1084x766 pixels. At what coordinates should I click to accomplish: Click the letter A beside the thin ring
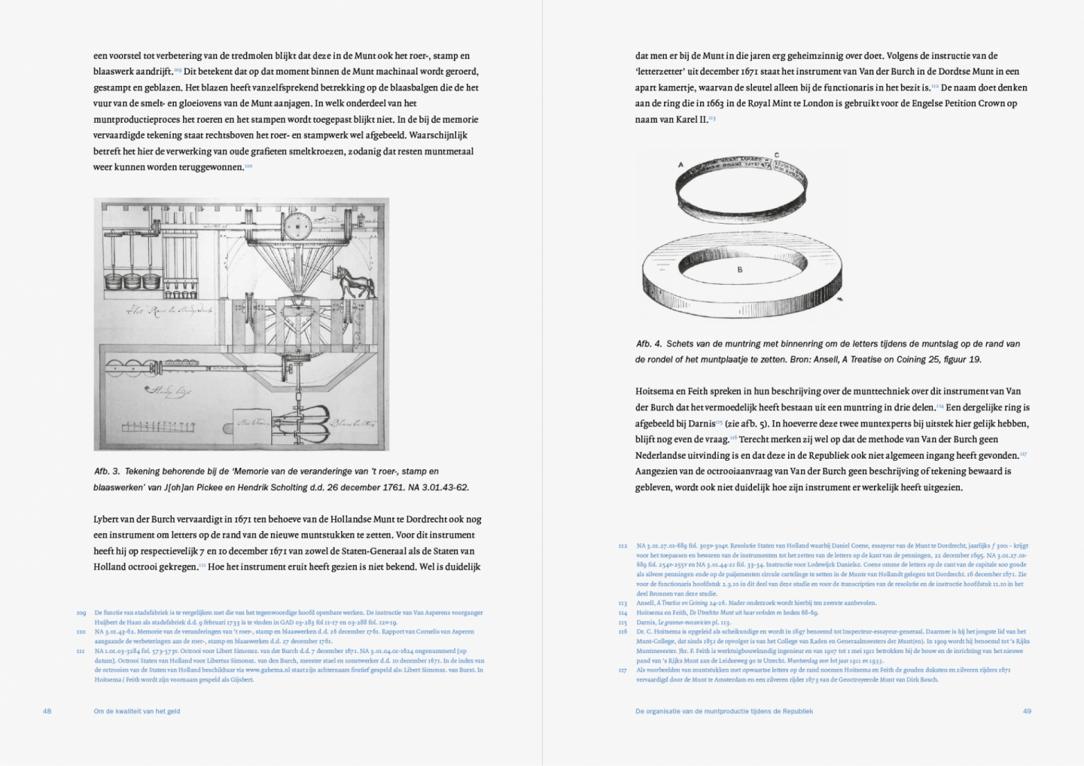click(681, 164)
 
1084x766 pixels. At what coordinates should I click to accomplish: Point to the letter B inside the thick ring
click(740, 270)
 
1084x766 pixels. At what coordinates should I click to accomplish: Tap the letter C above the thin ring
click(776, 155)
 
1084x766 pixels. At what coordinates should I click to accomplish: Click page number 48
click(47, 711)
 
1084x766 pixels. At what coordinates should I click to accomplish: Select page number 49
click(1027, 711)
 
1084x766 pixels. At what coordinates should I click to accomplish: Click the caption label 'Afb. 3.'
click(107, 472)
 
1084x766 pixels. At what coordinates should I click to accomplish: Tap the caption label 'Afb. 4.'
click(649, 343)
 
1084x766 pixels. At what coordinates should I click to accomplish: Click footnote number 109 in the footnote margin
click(81, 613)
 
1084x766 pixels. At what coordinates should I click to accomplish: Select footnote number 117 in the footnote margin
click(623, 670)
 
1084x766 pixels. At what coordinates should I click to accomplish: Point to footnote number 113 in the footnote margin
click(623, 603)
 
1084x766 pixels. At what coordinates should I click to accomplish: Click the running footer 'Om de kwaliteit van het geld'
click(137, 711)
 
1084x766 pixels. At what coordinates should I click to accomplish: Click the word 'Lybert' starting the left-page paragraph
click(108, 519)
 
